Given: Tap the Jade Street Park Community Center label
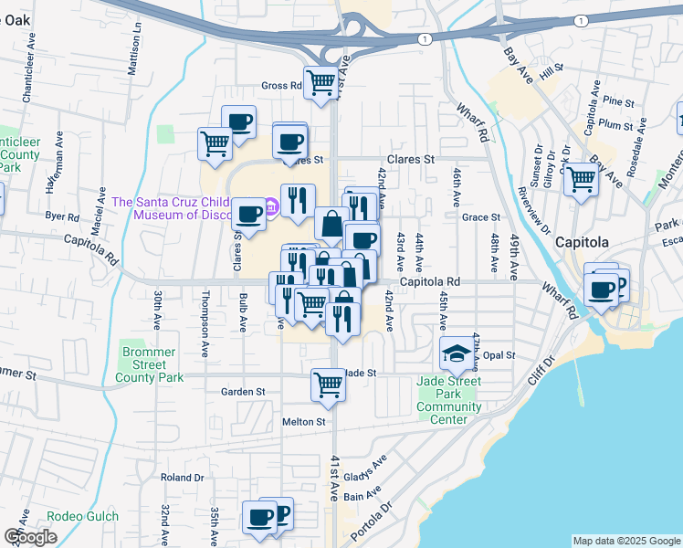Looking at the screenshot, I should (448, 400).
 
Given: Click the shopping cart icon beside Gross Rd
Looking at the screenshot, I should (320, 81).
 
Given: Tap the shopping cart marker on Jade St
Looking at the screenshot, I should (328, 384).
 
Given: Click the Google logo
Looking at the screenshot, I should (30, 536).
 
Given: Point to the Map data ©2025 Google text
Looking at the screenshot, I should (625, 541).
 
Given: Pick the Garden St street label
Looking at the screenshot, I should (242, 391).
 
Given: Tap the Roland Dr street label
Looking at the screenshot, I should (182, 477).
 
